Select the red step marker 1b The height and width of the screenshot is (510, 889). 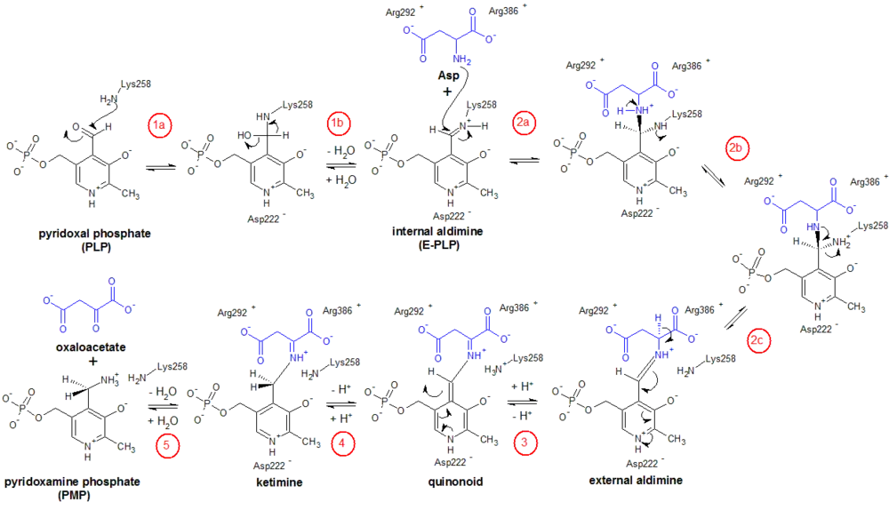(x=338, y=124)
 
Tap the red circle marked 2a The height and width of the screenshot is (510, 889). (x=523, y=124)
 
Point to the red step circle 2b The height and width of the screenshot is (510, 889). (x=737, y=149)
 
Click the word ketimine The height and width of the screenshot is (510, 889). (x=280, y=482)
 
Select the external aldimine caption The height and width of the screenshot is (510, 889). (x=637, y=481)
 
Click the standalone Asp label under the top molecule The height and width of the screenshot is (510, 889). (x=449, y=76)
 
